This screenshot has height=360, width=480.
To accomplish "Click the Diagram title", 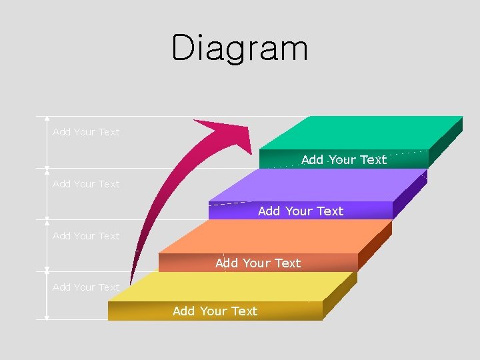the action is click(x=240, y=48).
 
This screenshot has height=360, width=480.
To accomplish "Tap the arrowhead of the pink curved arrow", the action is click(x=230, y=133).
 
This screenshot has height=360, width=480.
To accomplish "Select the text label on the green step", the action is click(x=344, y=159).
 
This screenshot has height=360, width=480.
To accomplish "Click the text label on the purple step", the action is click(x=301, y=211).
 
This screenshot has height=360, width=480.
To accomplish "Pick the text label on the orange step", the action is click(x=258, y=263).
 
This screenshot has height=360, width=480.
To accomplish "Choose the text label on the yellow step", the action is click(x=215, y=311).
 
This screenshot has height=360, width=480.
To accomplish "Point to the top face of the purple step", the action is click(x=320, y=185).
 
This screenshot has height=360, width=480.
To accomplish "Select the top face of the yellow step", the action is click(x=233, y=287).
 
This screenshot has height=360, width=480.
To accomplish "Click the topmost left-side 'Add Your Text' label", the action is click(x=86, y=132).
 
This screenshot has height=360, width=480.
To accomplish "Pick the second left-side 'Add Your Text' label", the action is click(x=86, y=184).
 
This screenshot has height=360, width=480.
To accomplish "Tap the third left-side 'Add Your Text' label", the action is click(x=86, y=236).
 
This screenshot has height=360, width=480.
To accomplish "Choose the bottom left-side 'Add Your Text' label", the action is click(x=86, y=287).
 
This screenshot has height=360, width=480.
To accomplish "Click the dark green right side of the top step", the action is click(x=445, y=142).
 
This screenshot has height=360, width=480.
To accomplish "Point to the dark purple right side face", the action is click(x=410, y=193).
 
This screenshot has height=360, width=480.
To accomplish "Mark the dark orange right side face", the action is click(x=375, y=245).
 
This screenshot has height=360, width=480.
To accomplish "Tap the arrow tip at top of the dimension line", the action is click(x=47, y=119).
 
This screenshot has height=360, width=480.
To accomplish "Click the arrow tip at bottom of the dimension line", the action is click(x=47, y=318).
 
